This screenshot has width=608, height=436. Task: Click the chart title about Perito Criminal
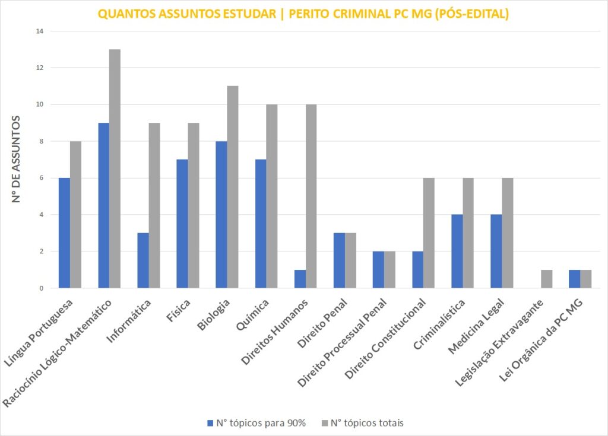pos(303,15)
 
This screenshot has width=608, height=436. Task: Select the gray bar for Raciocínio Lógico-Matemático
pos(115,169)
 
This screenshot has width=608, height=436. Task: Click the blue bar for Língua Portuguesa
pos(64,233)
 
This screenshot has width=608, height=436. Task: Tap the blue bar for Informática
pos(142,260)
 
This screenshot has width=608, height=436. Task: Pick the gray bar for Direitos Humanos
pos(311,196)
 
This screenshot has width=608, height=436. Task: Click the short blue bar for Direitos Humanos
pos(300,279)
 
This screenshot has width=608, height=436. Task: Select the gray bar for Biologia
pos(233,187)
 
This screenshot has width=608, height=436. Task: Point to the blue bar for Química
pos(261,224)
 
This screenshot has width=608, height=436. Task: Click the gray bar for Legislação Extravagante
pos(547,279)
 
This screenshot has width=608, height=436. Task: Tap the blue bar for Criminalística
pos(457,252)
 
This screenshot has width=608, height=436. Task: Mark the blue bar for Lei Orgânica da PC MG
pos(575,279)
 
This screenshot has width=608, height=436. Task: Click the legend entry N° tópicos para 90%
pos(256,423)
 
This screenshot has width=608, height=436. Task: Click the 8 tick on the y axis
pos(40,141)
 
